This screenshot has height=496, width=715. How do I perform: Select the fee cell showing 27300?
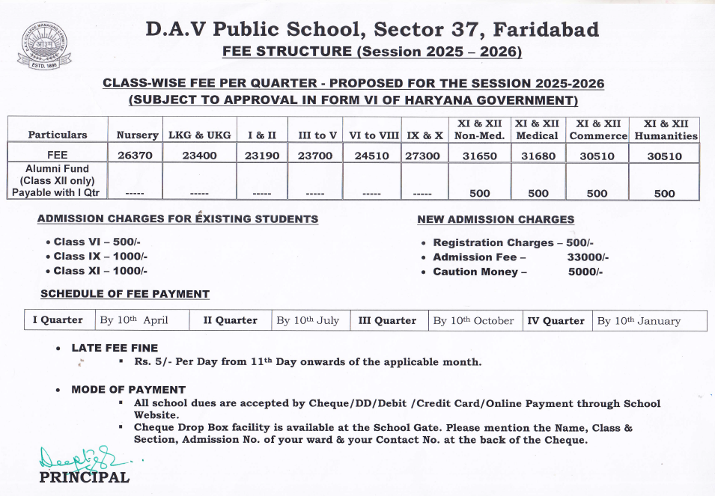[424, 155]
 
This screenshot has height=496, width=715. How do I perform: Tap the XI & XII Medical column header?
[537, 129]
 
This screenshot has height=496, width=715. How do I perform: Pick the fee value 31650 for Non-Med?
[479, 155]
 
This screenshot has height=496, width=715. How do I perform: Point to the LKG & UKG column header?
[199, 135]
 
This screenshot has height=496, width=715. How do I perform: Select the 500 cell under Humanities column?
[664, 193]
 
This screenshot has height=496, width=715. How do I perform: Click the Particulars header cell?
[58, 135]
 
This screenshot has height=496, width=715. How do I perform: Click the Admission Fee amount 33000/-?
[588, 257]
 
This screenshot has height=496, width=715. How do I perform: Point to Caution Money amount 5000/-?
[585, 272]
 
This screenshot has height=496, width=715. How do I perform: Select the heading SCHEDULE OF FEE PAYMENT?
[125, 294]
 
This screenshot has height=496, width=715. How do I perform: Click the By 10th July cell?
[308, 320]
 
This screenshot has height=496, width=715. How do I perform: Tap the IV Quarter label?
[556, 320]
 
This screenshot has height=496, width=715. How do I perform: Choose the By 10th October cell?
[473, 320]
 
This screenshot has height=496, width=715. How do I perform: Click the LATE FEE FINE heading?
[115, 348]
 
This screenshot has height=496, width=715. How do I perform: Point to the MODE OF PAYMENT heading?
[128, 389]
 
